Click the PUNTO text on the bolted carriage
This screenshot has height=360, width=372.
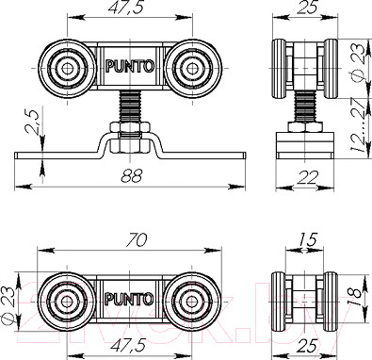click(126, 67)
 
